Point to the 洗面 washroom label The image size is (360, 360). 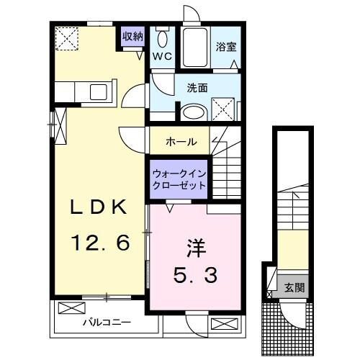coord(197,88)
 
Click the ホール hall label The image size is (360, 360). coord(181,141)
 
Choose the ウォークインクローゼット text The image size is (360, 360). coord(179,179)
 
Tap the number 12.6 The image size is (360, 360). coord(99,243)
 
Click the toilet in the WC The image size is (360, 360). coord(162,40)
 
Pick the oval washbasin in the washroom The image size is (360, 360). coord(193,112)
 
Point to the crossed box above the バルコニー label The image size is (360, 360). coord(72,308)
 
